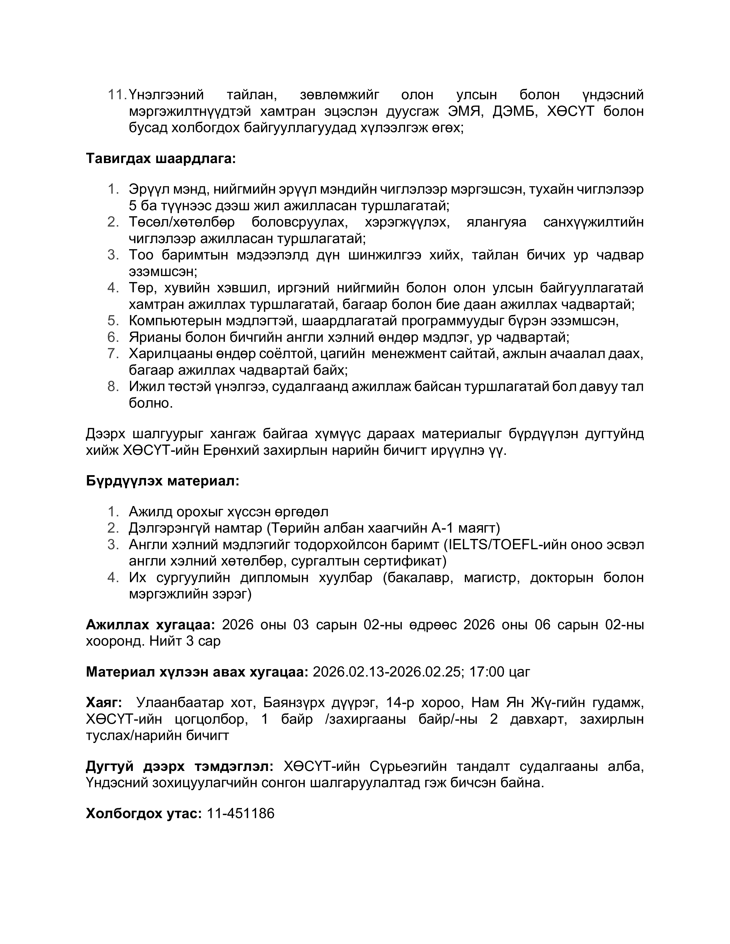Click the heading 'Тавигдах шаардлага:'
(161, 159)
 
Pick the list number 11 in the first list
(116, 95)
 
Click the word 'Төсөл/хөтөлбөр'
(181, 222)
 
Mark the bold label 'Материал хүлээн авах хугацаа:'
(197, 672)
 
